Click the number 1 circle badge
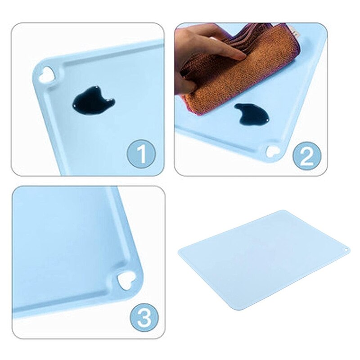(141, 154)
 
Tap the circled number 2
(307, 155)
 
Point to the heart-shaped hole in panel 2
(273, 151)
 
